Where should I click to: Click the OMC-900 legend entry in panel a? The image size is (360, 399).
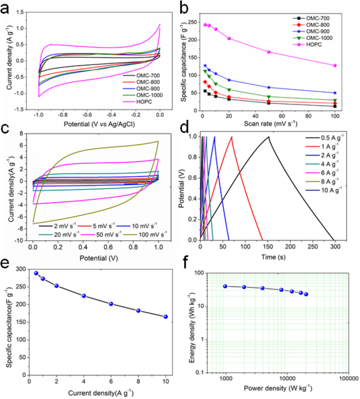pos(141,88)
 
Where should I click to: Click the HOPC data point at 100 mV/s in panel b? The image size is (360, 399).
pos(335,66)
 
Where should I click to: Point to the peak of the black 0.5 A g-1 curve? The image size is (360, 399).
pos(269,136)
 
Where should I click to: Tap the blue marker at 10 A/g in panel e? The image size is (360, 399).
pos(166,317)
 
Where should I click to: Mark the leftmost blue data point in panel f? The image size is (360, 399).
pos(225,286)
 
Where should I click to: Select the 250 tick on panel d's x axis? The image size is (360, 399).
pos(312,245)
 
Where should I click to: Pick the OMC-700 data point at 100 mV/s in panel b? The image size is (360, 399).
pos(335,106)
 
